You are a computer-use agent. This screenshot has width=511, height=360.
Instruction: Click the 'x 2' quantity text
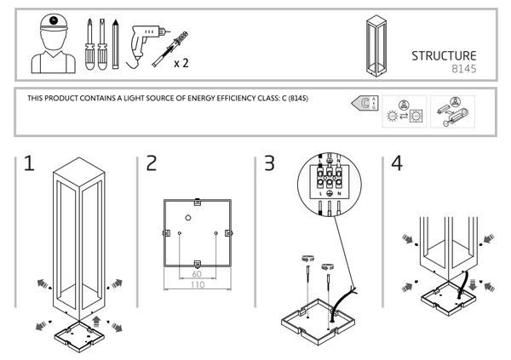pyautogui.click(x=180, y=63)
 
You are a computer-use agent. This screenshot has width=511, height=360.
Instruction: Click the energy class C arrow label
pyautogui.click(x=365, y=105)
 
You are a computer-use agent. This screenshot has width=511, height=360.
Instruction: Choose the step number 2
pyautogui.click(x=152, y=164)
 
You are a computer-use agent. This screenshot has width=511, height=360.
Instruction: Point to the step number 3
pyautogui.click(x=269, y=164)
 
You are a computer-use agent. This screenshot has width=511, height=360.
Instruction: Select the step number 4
pyautogui.click(x=396, y=164)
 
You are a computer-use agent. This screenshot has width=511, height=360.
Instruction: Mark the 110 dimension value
pyautogui.click(x=197, y=287)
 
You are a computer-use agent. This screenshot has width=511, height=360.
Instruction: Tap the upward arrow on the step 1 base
pyautogui.click(x=95, y=323)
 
